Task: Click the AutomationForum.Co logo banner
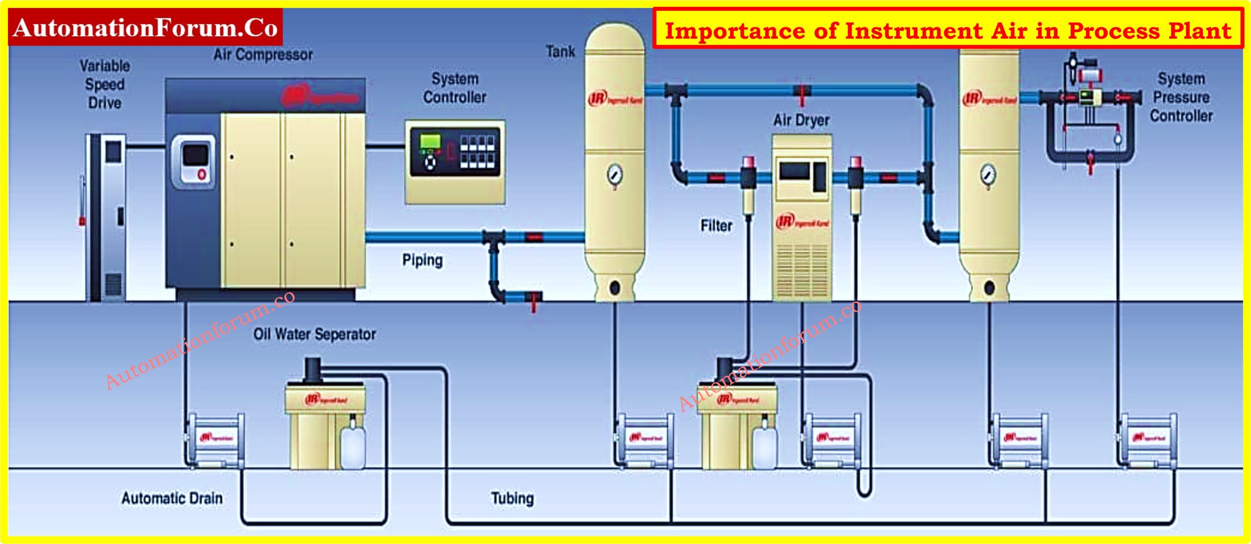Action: (145, 28)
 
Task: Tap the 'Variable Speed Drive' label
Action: (105, 84)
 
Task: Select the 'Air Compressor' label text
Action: (263, 55)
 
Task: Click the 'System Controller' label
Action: (454, 88)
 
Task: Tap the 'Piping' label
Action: (422, 260)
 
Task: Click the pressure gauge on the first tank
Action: (615, 174)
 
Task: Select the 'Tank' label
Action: (560, 52)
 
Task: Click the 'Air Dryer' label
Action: (801, 120)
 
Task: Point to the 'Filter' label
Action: (716, 226)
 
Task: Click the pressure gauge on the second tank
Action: (988, 174)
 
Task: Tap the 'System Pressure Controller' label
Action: (1181, 97)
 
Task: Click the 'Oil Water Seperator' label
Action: (314, 335)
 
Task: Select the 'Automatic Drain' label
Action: (172, 499)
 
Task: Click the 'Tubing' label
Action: (512, 499)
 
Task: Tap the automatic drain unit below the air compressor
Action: (216, 439)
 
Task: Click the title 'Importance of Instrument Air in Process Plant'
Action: (948, 30)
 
